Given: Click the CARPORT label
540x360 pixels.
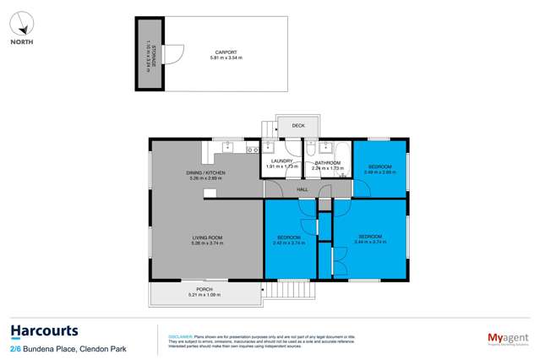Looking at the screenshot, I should click(x=224, y=52).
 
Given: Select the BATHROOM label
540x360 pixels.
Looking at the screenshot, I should click(x=326, y=161).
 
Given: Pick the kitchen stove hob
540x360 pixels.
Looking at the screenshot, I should click(x=251, y=150).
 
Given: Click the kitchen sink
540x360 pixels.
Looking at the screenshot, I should click(x=227, y=150).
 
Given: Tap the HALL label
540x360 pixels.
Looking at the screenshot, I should click(x=302, y=190).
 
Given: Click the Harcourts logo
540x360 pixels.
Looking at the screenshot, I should click(x=44, y=331).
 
